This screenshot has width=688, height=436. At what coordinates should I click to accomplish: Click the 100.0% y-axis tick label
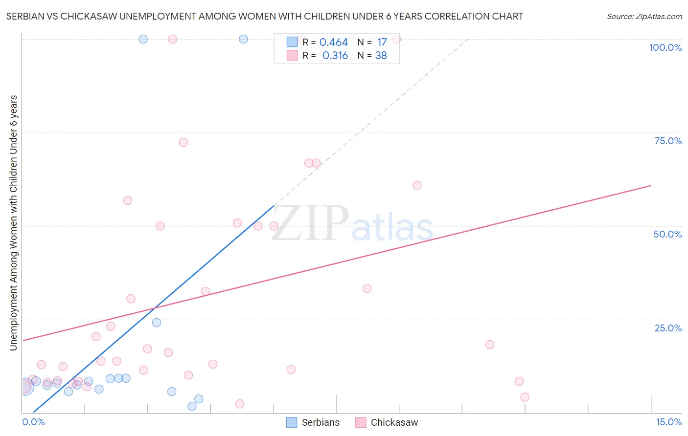point(665,47)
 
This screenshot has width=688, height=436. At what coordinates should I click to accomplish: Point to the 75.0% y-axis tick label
point(668,141)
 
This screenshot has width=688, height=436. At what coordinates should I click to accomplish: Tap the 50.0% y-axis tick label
point(667,234)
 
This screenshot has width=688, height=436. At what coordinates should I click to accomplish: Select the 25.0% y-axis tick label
point(668,328)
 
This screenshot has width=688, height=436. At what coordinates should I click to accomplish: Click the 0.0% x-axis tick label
point(33,422)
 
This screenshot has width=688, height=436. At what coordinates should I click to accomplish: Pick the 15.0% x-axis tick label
point(668,422)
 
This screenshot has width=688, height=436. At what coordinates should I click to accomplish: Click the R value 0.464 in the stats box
point(333,43)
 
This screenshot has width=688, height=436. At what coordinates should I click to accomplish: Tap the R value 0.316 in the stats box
point(335,56)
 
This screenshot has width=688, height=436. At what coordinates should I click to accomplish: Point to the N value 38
point(381,56)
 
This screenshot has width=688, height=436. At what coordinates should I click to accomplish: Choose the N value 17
point(382,43)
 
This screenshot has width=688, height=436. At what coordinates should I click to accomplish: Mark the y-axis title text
point(13,223)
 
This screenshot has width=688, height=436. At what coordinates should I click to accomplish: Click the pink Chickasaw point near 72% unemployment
point(183,142)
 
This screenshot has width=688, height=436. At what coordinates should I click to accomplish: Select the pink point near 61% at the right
point(417,185)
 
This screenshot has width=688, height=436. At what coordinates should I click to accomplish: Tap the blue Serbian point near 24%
point(157,323)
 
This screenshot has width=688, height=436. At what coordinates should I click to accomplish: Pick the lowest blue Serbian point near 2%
point(192,406)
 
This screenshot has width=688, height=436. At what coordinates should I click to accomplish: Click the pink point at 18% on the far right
point(490,345)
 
